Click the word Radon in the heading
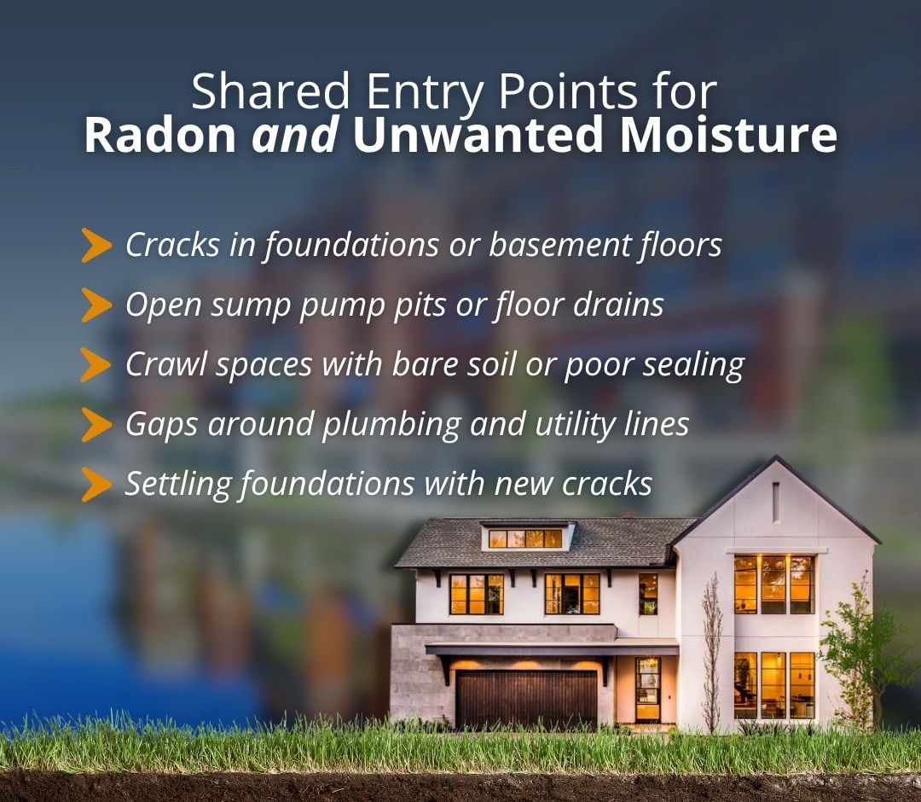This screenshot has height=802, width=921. coord(159,137)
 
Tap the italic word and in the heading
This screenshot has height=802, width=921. coord(293,137)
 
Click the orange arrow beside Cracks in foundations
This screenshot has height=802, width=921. coord(96,246)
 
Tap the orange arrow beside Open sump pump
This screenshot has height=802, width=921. coord(96,305)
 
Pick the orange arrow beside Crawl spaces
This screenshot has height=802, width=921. coord(96,365)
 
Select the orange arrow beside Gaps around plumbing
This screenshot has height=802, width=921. coord(96,425)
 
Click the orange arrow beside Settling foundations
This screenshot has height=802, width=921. coord(96,485)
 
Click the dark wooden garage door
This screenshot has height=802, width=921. coord(526,698)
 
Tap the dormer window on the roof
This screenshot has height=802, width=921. coord(525,538)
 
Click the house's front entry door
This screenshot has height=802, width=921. coord(647,689)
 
